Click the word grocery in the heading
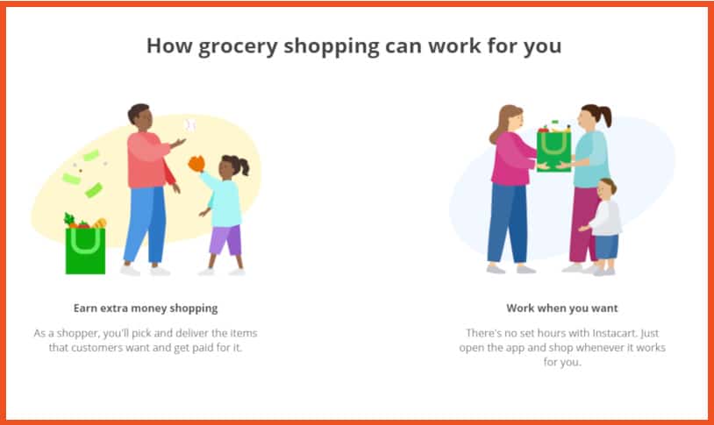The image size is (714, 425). (x=238, y=46)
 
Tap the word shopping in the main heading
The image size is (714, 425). (x=332, y=46)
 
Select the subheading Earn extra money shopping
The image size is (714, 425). (x=146, y=308)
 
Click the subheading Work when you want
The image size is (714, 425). (x=562, y=308)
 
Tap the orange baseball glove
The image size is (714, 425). (x=196, y=164)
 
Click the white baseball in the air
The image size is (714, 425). (x=189, y=125)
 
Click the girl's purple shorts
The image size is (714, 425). (x=225, y=240)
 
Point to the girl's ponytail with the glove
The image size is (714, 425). (x=243, y=166)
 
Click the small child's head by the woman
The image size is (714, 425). (x=607, y=188)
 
